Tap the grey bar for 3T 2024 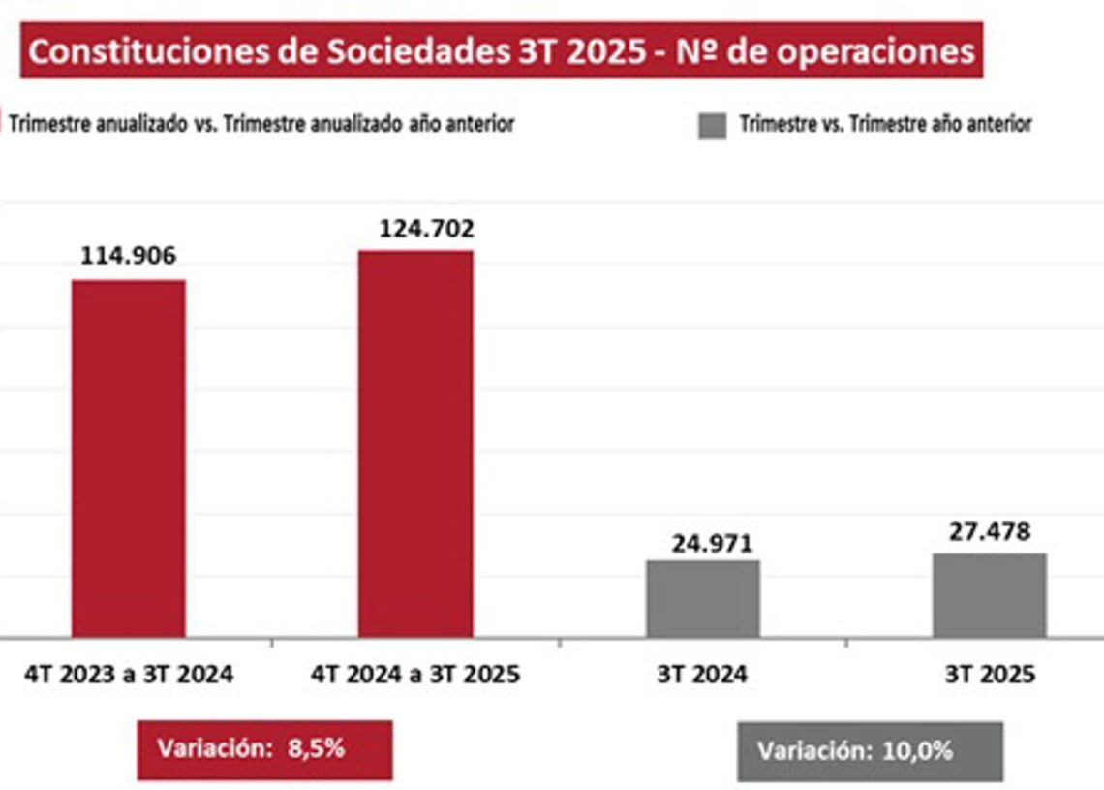pos(703,598)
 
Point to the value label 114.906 pos(129,257)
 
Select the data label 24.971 pos(712,543)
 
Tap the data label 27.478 pos(988,531)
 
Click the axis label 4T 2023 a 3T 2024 pos(129,675)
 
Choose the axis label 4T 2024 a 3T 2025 pos(415,675)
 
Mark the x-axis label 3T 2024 pos(702,675)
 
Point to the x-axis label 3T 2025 pos(990,675)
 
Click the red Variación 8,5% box pos(264,749)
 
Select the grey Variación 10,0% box pos(870,751)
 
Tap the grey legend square pos(712,125)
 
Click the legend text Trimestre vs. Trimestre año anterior pos(885,124)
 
